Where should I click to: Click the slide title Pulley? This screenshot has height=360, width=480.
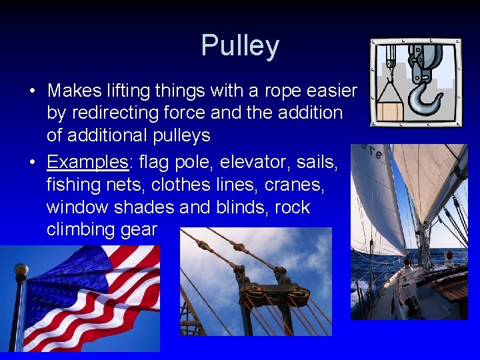click(240, 46)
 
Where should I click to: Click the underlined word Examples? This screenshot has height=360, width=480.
click(87, 162)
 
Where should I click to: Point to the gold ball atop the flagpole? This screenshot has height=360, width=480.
click(21, 270)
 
